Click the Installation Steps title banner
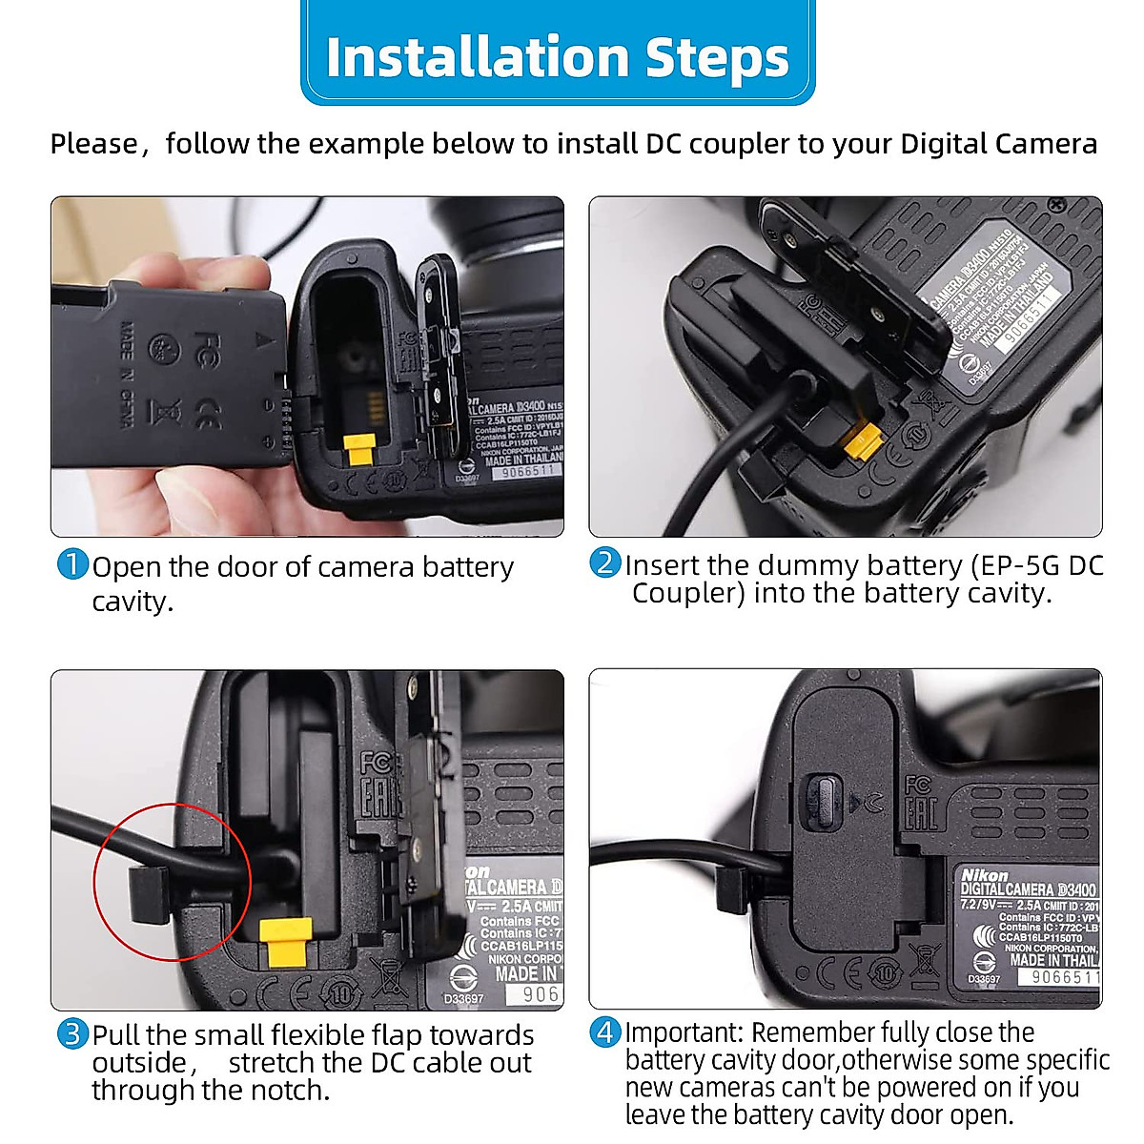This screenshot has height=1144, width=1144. [558, 55]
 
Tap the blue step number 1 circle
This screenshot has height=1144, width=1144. [72, 564]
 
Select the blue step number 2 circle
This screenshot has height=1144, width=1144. [604, 562]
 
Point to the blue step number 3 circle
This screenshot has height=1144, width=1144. [72, 1033]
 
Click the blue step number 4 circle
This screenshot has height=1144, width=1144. [604, 1032]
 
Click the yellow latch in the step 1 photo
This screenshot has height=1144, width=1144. [359, 449]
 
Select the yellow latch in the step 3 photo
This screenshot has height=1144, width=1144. [287, 941]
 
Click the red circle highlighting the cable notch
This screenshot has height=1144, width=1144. [172, 882]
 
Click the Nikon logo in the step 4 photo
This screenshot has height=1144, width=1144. [984, 874]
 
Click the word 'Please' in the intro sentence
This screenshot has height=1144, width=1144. [93, 144]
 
